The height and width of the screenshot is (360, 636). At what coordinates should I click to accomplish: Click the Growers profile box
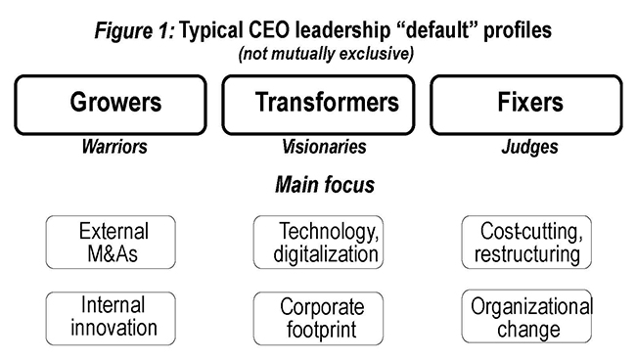(115, 104)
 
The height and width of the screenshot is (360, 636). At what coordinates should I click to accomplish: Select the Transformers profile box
(327, 104)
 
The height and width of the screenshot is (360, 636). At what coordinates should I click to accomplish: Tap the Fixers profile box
(525, 104)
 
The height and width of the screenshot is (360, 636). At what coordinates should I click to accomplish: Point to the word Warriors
(114, 147)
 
